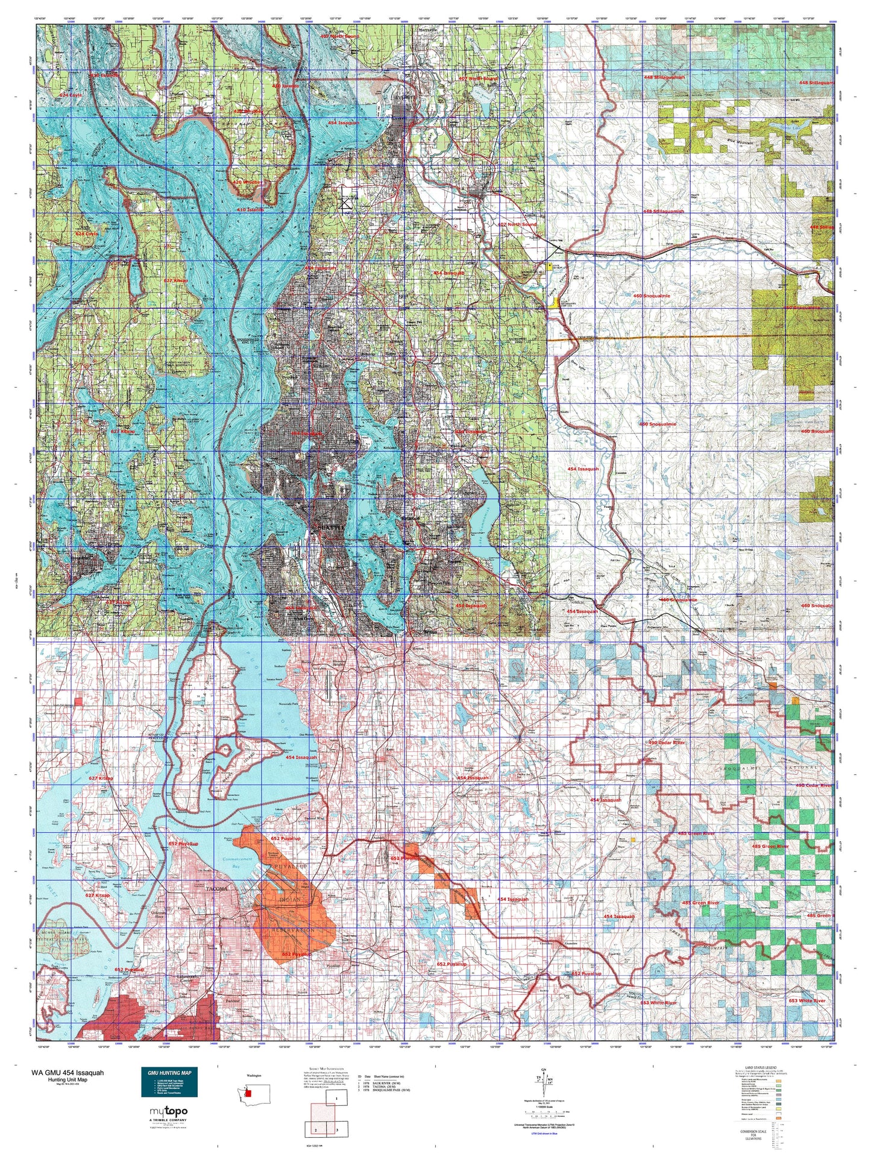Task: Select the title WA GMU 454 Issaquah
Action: click(x=68, y=1073)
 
